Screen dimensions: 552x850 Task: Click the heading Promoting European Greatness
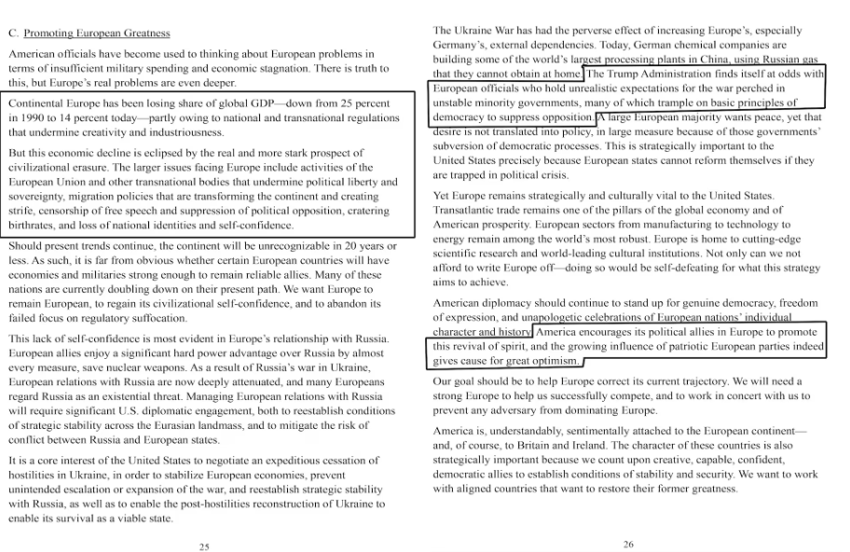[97, 33]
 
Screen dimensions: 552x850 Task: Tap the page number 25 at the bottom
[203, 546]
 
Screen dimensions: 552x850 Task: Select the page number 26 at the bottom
[628, 544]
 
